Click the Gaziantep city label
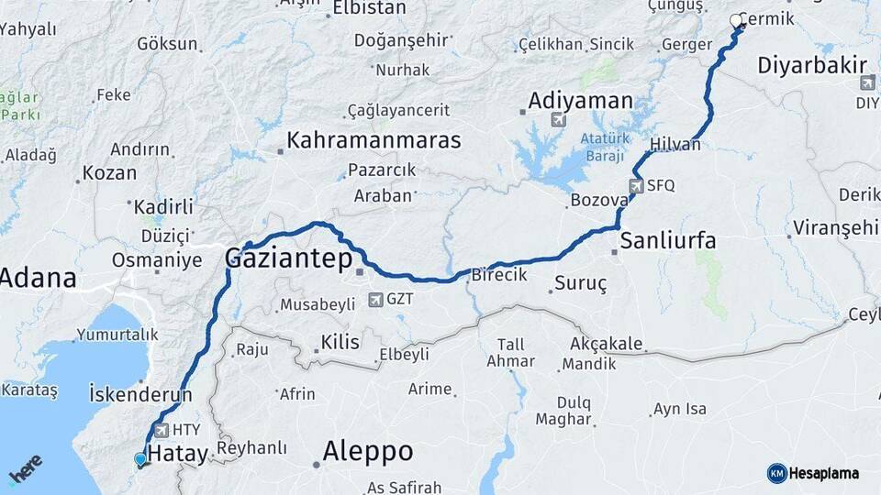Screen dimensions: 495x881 coord(289,259)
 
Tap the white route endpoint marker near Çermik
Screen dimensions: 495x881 coord(736,20)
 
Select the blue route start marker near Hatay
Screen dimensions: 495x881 coord(139,459)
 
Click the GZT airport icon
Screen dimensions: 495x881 coord(375,300)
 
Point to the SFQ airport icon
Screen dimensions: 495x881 coord(637,185)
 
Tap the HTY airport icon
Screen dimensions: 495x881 coord(162,429)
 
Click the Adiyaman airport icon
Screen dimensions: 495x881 coord(558,120)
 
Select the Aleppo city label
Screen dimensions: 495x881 coord(367,451)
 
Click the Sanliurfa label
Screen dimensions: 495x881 coord(667,241)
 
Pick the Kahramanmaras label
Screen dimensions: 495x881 coord(374,140)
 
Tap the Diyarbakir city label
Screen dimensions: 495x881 coord(813,65)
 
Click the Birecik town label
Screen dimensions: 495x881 coord(499,275)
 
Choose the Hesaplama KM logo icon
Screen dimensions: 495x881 coord(776,473)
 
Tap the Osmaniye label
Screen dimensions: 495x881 coord(156,260)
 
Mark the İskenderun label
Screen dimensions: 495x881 coord(140,394)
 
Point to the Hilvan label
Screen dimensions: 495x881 coord(675,145)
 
